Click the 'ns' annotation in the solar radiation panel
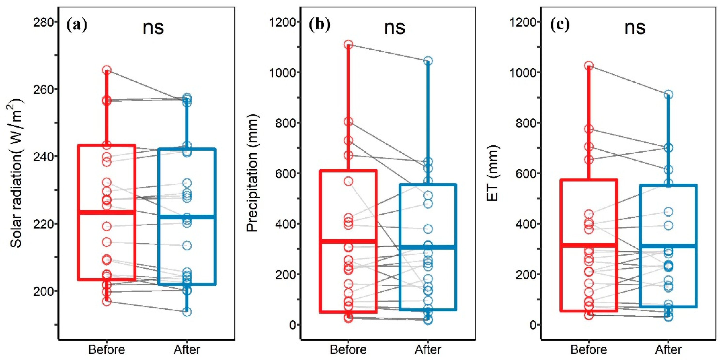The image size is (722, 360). click(x=153, y=28)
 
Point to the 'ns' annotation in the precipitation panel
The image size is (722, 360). click(x=394, y=28)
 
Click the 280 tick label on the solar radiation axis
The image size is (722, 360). click(x=43, y=22)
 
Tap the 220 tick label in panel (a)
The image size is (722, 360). click(x=43, y=224)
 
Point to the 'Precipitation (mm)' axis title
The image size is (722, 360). click(x=252, y=173)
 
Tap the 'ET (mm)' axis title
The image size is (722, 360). click(x=492, y=173)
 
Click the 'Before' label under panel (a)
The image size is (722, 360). click(x=106, y=350)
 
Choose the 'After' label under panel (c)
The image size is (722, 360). click(x=668, y=350)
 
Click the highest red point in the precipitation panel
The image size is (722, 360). click(x=348, y=44)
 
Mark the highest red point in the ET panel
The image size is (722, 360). click(x=589, y=66)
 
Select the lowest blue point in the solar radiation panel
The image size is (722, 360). click(x=187, y=312)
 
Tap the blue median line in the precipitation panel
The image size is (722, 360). click(x=428, y=247)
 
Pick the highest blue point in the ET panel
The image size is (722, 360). click(x=668, y=94)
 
